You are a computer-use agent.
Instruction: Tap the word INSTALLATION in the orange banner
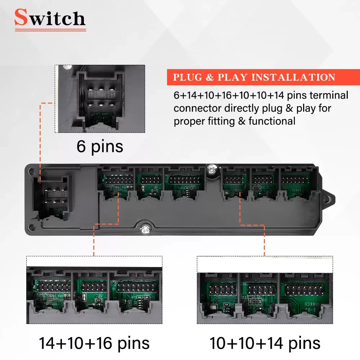point(293,77)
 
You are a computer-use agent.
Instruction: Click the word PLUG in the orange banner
point(187,77)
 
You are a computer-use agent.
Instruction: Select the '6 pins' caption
point(100,147)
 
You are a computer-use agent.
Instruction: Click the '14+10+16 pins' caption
point(94,343)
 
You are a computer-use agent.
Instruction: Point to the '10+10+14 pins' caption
point(265,343)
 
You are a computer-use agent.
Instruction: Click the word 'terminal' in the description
point(329,95)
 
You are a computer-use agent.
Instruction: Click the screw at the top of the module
point(212,170)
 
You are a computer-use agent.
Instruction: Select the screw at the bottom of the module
point(145,229)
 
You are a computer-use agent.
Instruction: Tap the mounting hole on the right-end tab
point(328,199)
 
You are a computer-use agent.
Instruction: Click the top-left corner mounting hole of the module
point(31,171)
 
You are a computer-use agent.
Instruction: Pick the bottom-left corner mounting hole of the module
point(31,227)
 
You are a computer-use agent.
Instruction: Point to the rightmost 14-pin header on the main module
point(294,180)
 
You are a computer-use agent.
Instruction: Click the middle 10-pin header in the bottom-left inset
point(94,287)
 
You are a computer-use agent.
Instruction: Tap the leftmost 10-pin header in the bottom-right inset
point(222,289)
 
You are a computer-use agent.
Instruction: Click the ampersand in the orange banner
point(210,77)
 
